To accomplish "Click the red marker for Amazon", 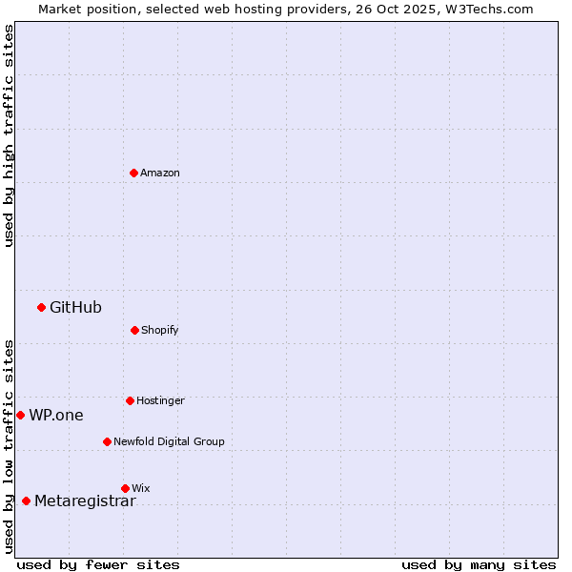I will click(133, 173).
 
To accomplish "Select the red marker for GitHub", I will click(41, 307).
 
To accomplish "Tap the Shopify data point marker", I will click(134, 330).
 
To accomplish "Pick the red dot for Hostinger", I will click(130, 400).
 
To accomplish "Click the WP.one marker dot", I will click(20, 415).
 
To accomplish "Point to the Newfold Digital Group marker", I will click(107, 441).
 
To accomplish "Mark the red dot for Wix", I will click(125, 488).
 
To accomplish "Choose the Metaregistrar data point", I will click(26, 500).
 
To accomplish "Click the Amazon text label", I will click(160, 173).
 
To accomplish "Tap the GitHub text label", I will click(75, 307).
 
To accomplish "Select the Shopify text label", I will click(160, 330).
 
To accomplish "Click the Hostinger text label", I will click(160, 400).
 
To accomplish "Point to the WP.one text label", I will click(56, 415).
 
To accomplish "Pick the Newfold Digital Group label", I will click(169, 441).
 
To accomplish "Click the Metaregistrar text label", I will click(85, 501).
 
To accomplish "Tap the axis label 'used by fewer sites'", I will click(98, 564).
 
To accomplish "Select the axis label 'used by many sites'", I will click(479, 564).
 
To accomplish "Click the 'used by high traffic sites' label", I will click(9, 135).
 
